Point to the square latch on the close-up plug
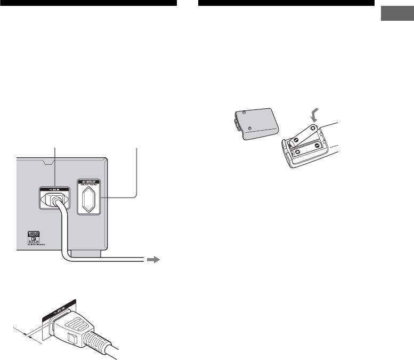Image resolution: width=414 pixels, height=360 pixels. click(x=71, y=336)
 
